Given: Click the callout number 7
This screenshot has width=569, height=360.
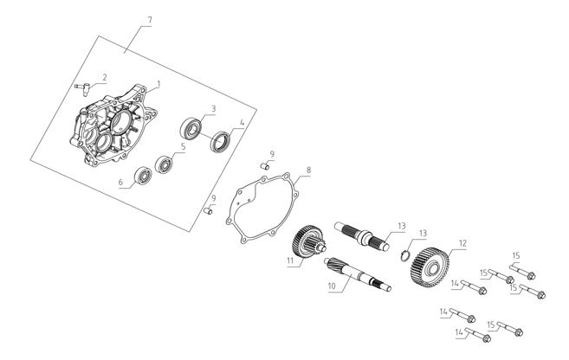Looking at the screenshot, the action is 149,21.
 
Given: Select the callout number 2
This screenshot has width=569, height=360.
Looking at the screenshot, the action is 105,78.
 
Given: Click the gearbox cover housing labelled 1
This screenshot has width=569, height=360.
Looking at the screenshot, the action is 113,125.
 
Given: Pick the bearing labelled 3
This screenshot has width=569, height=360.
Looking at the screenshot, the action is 191,129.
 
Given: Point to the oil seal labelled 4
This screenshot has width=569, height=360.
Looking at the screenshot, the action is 220,142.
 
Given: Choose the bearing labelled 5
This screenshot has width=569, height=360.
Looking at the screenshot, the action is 164,164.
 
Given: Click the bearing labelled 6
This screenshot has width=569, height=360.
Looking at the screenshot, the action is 143,176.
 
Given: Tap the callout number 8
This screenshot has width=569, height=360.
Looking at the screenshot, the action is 308,170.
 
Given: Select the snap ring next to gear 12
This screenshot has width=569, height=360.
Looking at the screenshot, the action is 405,255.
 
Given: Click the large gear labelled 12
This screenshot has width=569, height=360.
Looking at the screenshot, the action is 430,267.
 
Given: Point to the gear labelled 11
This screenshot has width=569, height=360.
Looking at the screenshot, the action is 306,241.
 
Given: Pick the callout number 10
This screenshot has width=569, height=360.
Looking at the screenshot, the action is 332,286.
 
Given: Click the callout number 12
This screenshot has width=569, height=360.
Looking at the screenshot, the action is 462,244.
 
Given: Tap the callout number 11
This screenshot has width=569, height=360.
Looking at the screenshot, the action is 290,260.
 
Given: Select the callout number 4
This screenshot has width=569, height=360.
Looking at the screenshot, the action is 242,123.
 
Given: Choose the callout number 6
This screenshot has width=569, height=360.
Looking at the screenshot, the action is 121,182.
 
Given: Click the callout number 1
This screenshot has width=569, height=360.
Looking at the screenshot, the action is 158,85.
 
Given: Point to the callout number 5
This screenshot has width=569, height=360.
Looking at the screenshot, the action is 184,147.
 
